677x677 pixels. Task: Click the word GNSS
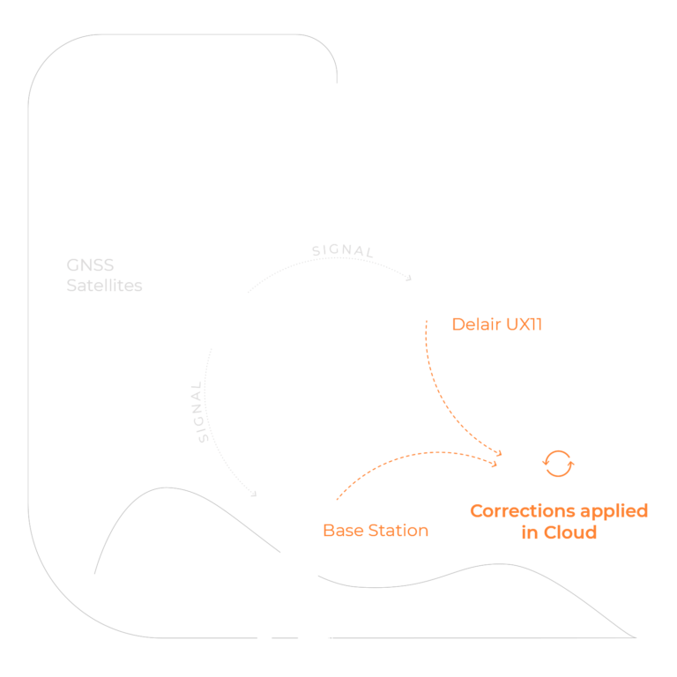coord(90,265)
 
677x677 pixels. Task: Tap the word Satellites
coord(105,286)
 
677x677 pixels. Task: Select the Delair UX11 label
coord(497,324)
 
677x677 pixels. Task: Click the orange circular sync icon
coord(558,464)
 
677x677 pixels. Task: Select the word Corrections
coord(523,510)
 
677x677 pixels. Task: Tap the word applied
coord(614,512)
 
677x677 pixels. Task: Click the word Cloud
coord(570,532)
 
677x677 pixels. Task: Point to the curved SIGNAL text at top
coord(342,250)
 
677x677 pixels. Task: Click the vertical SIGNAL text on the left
coord(198,412)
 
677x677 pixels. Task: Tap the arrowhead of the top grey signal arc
coord(409,279)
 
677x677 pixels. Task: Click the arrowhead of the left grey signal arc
coord(254,494)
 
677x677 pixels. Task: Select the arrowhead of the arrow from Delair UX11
coord(499,453)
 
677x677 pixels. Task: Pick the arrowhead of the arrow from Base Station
coord(494,465)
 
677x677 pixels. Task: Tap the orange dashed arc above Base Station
coord(413,455)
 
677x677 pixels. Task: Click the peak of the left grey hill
coord(167,487)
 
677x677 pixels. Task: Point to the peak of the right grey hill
coord(499,564)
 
